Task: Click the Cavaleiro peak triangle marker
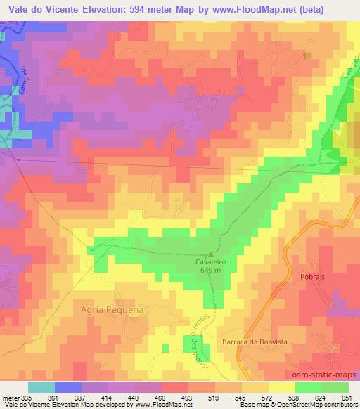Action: [x=210, y=254]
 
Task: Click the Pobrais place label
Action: [x=311, y=278]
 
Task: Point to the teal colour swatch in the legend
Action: [x=41, y=387]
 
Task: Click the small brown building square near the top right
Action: [x=307, y=56]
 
